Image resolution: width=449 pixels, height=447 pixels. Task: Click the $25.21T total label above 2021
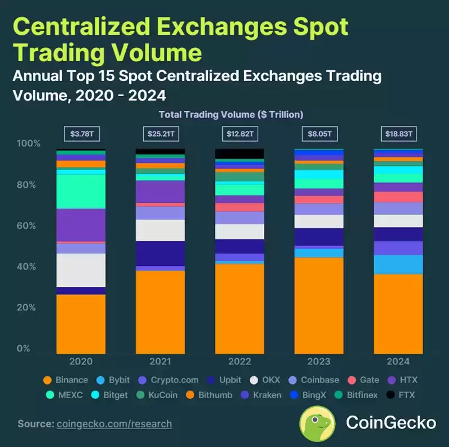click(161, 134)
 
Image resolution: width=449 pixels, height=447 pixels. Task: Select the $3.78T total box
click(82, 134)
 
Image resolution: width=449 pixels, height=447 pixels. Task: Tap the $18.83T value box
click(398, 134)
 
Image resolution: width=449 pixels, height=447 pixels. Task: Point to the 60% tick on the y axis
click(26, 226)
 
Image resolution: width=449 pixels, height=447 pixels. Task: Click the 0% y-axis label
click(24, 349)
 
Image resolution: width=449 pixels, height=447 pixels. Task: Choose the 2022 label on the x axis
click(240, 362)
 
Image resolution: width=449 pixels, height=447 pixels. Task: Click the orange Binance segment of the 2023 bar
click(319, 305)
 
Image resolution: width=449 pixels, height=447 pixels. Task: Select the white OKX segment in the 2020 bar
click(81, 270)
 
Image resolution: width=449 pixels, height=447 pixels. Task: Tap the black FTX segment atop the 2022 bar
click(240, 154)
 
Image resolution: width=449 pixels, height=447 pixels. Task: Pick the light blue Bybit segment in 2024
click(398, 264)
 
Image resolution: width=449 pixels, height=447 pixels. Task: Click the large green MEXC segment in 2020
click(81, 191)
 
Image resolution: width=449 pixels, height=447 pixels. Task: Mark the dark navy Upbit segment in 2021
click(161, 254)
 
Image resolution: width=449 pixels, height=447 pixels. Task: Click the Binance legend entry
click(66, 380)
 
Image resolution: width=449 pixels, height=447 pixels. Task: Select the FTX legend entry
click(401, 395)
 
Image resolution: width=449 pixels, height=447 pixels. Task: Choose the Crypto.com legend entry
click(168, 380)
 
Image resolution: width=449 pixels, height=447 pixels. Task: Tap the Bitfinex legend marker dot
click(339, 395)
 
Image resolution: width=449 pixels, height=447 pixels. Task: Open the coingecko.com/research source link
click(114, 424)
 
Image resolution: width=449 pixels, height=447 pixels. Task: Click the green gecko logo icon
click(317, 423)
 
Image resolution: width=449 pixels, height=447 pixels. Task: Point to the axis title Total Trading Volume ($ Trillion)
click(231, 115)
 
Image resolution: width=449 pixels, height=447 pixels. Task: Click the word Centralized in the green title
click(81, 26)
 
